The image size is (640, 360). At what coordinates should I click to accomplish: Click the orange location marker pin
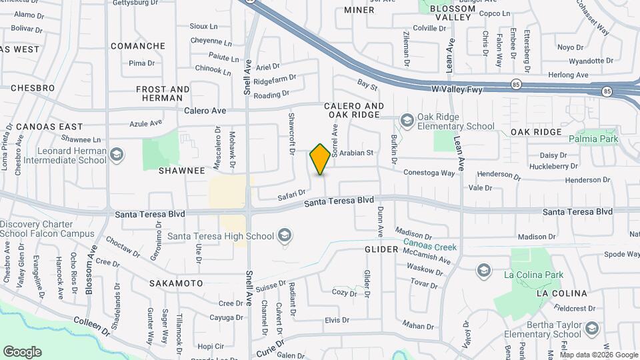[x=321, y=159]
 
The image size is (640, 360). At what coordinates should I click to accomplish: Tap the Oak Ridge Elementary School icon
[x=406, y=120]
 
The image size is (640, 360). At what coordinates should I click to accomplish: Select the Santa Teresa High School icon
[x=285, y=235]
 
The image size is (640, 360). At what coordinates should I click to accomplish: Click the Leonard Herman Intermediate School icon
[x=117, y=155]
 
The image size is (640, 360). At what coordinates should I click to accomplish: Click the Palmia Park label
[x=593, y=139]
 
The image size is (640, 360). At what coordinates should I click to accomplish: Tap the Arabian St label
[x=355, y=153]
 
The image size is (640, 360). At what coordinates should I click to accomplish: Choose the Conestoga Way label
[x=429, y=173]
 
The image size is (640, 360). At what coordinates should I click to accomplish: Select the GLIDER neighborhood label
[x=381, y=249]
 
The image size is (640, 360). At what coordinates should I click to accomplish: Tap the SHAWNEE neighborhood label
[x=181, y=171]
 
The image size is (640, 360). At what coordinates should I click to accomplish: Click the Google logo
[x=22, y=352]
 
